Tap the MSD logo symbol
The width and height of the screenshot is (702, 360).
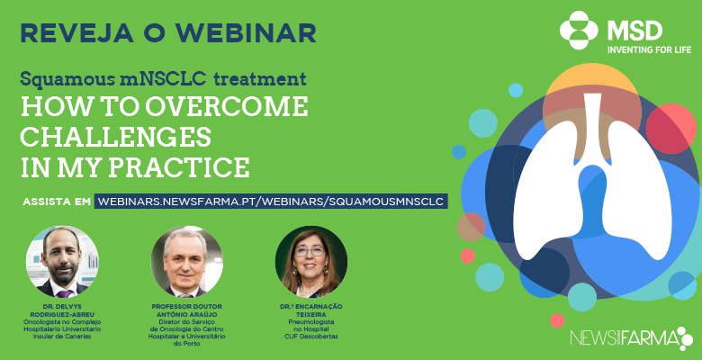click(x=579, y=30)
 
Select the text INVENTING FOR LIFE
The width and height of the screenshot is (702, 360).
click(x=649, y=49)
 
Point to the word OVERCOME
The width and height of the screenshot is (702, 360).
click(x=228, y=107)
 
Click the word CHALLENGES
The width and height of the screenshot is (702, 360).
click(x=116, y=137)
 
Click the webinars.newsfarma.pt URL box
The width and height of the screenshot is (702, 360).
click(x=271, y=201)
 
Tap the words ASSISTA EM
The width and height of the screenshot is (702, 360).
click(x=57, y=202)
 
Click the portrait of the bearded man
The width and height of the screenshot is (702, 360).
click(x=62, y=262)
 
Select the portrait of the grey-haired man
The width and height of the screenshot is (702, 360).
click(x=186, y=262)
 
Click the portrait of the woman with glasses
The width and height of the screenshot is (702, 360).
click(x=311, y=262)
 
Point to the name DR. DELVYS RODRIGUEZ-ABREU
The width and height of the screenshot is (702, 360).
click(x=62, y=310)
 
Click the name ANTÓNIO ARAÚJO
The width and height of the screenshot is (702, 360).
click(x=186, y=314)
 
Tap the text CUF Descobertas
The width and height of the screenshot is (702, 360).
click(x=311, y=337)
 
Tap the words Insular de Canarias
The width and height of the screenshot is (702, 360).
click(x=62, y=337)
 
